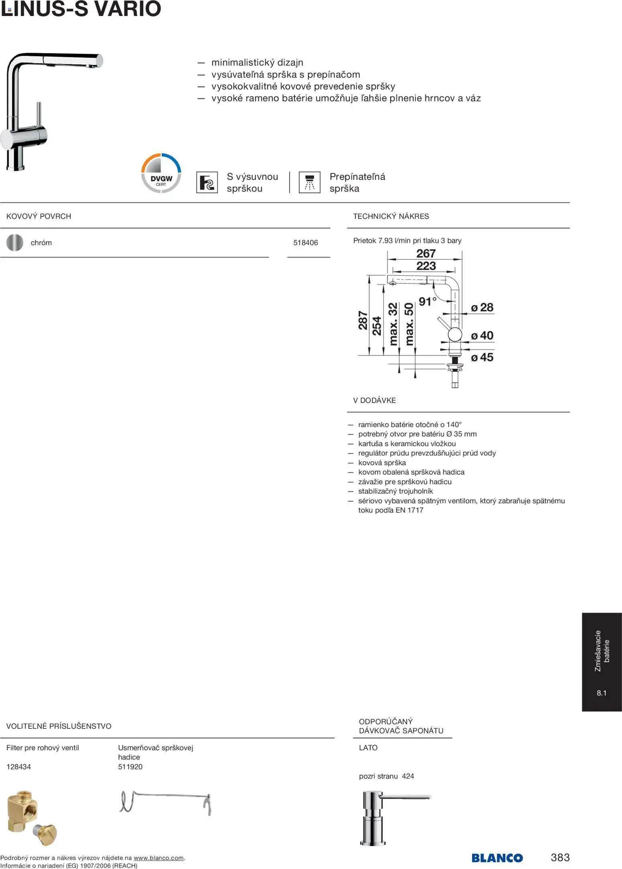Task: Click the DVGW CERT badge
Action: tap(161, 173)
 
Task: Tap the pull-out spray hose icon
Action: tap(207, 183)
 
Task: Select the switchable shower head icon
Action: tap(309, 183)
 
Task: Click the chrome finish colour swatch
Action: tap(15, 242)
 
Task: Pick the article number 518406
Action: tap(305, 243)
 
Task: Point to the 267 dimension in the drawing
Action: tap(426, 254)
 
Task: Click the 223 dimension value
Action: tap(426, 266)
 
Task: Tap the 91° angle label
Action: tap(427, 301)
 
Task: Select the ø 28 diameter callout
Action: tap(482, 307)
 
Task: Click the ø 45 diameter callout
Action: tap(482, 357)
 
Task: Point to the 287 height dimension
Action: tap(363, 320)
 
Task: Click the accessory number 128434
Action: tap(18, 767)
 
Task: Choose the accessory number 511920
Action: tap(130, 767)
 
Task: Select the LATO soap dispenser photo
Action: tap(395, 818)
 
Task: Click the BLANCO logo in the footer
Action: tap(497, 858)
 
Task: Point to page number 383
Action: tap(560, 857)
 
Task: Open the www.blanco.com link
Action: tap(159, 858)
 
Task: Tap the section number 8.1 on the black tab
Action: tap(602, 693)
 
